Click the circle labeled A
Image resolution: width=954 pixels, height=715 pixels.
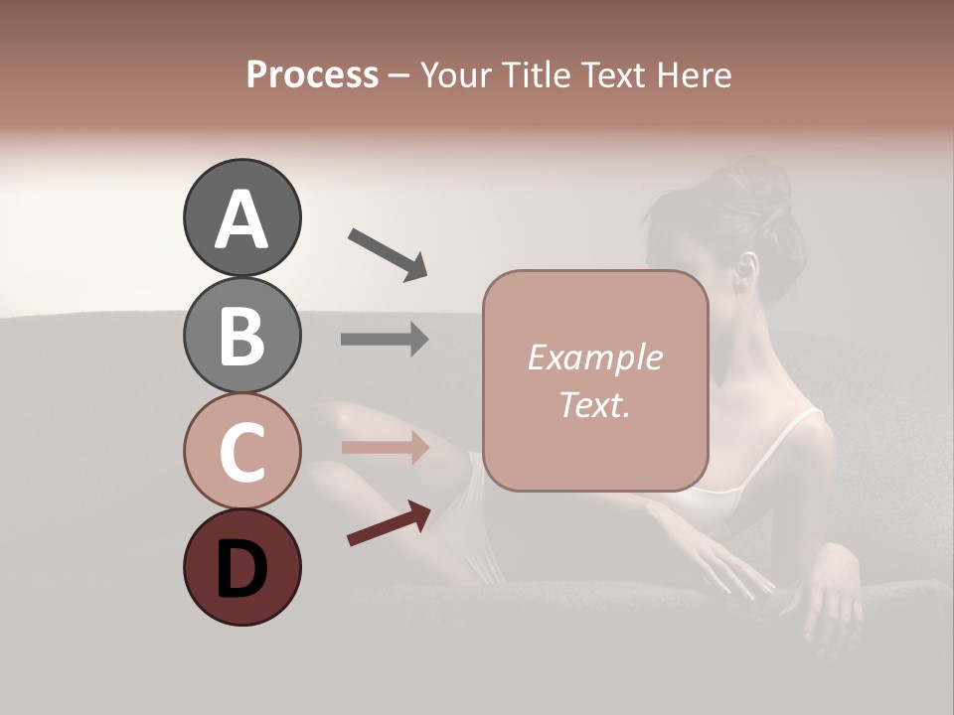click(x=241, y=217)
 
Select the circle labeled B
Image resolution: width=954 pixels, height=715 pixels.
click(x=241, y=335)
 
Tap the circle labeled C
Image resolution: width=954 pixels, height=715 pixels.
click(x=241, y=451)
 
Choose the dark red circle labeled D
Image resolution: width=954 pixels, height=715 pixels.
click(x=241, y=567)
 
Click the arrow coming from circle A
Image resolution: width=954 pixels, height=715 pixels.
click(x=387, y=253)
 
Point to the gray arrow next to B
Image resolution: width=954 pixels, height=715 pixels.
click(x=385, y=340)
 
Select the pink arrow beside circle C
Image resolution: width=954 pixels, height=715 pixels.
click(x=385, y=447)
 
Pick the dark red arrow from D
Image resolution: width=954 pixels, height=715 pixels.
click(x=389, y=522)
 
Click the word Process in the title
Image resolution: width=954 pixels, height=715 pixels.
click(x=312, y=74)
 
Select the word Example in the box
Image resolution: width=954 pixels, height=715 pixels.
click(x=594, y=357)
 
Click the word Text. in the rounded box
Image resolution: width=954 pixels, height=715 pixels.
click(x=594, y=404)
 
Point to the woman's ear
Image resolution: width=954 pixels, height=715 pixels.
click(x=745, y=268)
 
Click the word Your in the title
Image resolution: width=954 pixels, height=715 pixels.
click(x=456, y=74)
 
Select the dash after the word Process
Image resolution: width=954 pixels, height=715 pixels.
click(x=398, y=75)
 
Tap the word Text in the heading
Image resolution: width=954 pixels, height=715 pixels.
click(x=614, y=74)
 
